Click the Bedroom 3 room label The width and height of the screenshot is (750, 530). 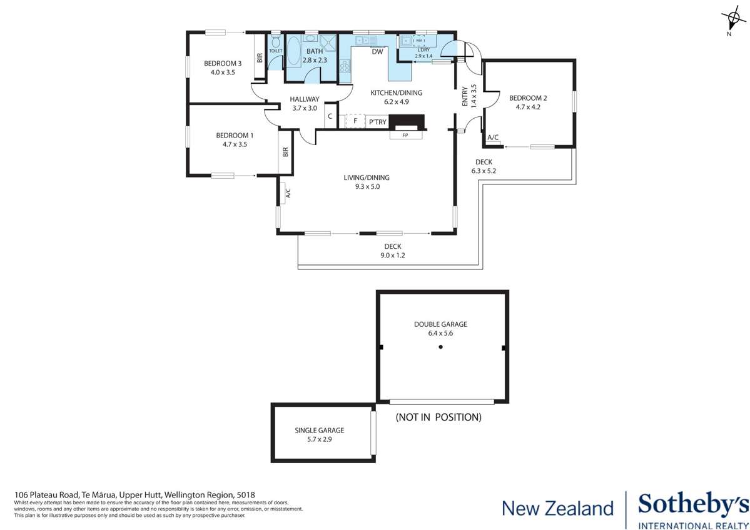point(223,63)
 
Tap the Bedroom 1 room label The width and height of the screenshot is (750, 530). point(235,136)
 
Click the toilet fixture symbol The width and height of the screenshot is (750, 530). point(276,41)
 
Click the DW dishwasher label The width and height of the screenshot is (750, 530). point(377,52)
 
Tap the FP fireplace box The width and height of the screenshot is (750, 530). point(406,134)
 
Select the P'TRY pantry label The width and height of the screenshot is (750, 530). point(377,122)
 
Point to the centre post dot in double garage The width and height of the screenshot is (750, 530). point(440,347)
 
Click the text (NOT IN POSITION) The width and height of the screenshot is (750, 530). point(438,417)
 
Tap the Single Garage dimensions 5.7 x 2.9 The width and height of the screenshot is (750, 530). point(319,439)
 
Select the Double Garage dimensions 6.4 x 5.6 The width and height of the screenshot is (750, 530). point(440,334)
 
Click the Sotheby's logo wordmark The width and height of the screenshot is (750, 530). point(692,505)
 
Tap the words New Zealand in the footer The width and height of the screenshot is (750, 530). point(558,508)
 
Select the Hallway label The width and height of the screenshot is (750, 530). point(304,99)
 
